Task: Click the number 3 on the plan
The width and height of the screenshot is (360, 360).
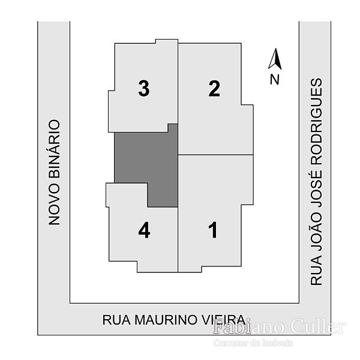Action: click(143, 89)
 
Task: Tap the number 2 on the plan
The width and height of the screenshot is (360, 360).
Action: click(214, 89)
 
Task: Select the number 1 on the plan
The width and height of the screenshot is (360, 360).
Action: click(212, 230)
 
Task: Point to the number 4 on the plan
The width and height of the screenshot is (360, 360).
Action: click(144, 230)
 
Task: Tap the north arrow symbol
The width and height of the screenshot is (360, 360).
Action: click(275, 59)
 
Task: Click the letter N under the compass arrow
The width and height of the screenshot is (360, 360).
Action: click(274, 79)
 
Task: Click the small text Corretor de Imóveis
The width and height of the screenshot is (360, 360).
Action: click(253, 343)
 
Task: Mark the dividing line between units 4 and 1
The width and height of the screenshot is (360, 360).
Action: click(178, 240)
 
